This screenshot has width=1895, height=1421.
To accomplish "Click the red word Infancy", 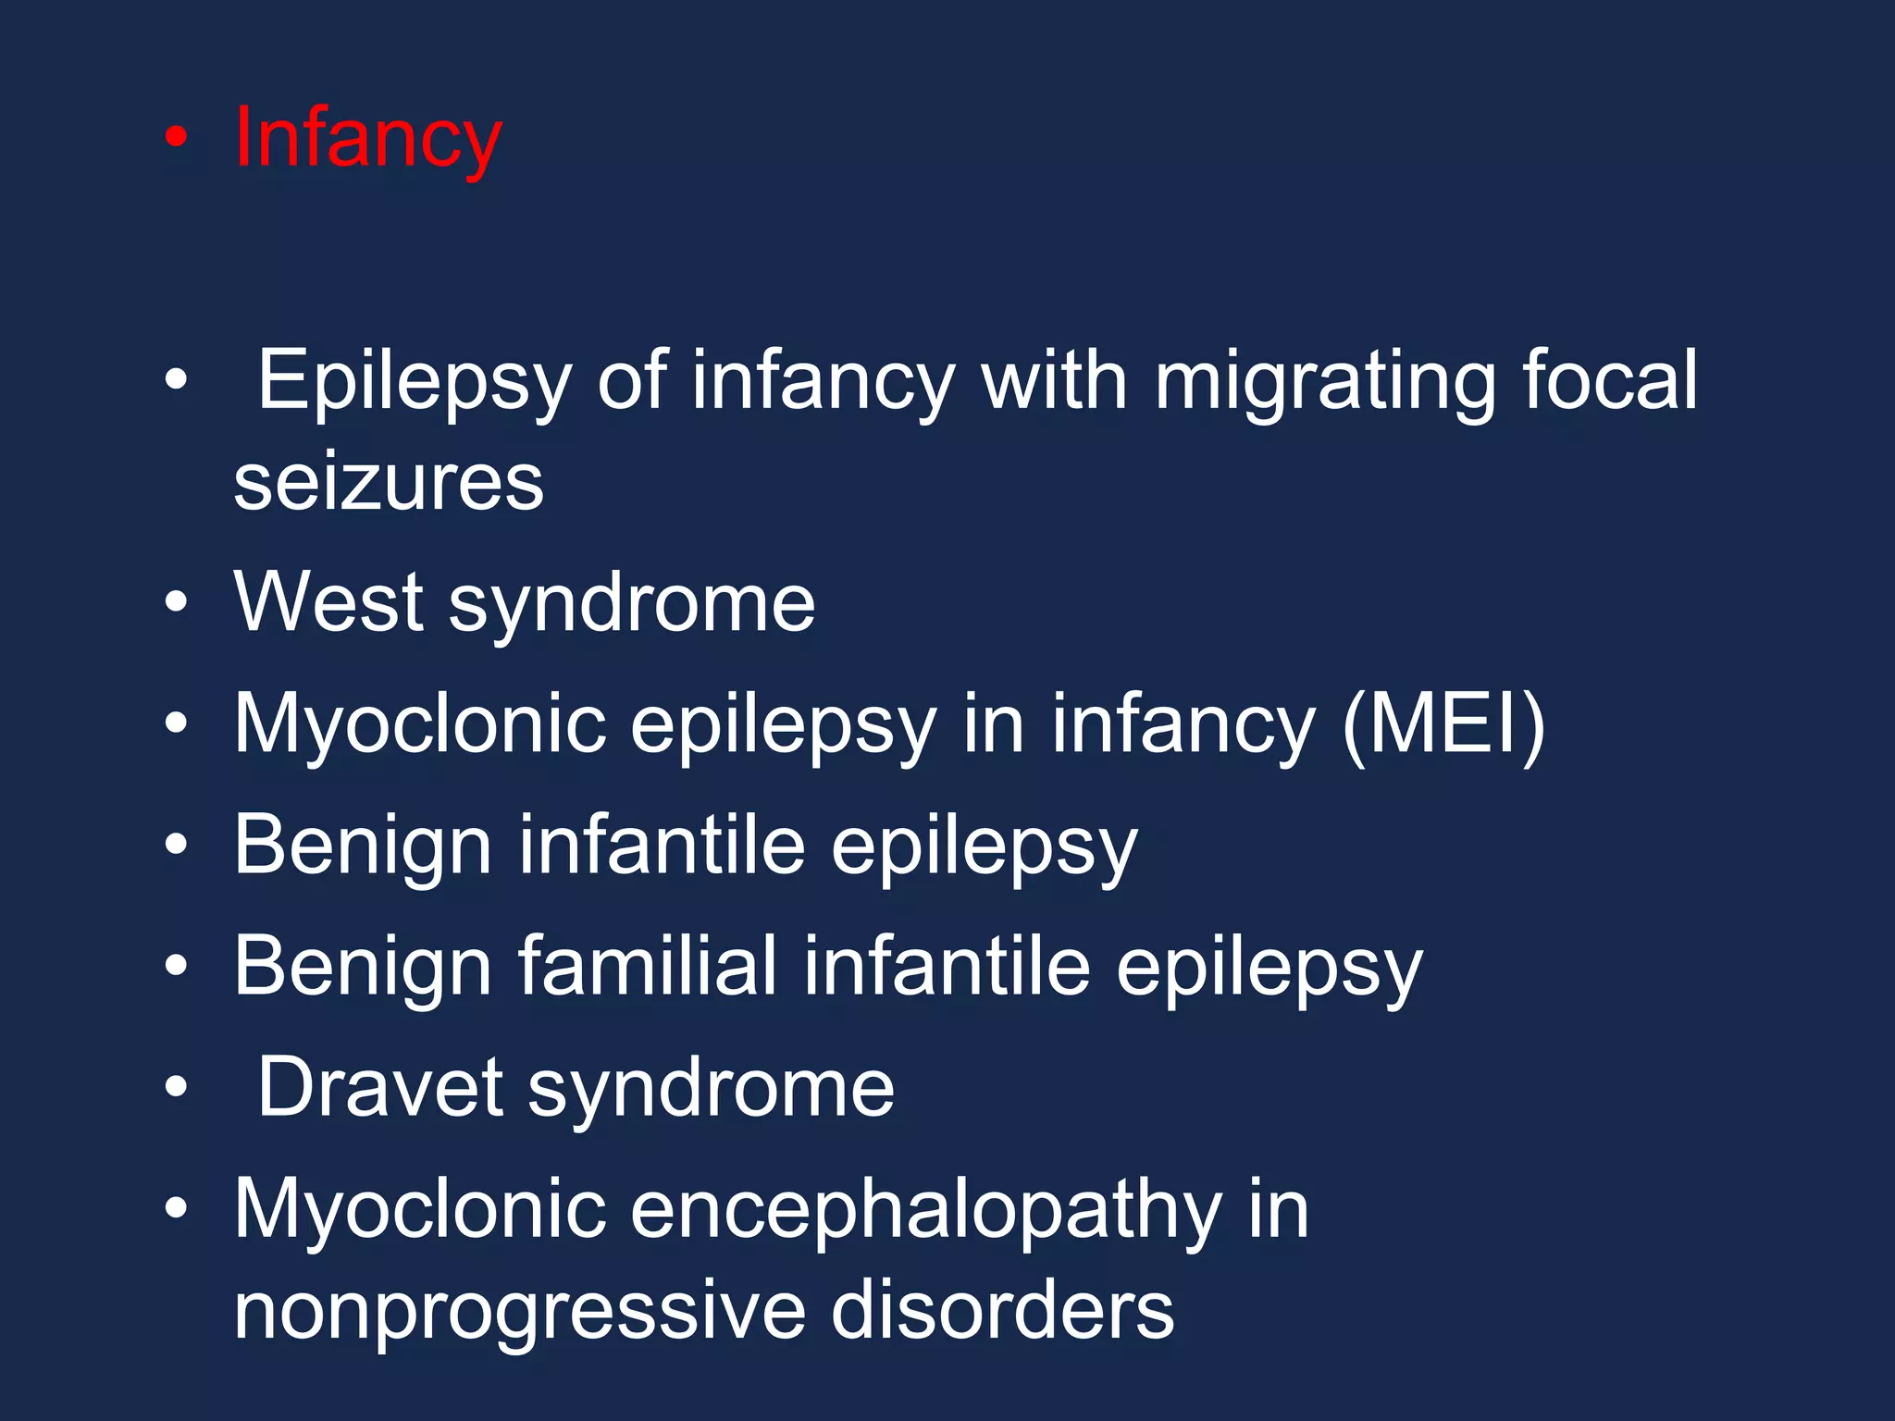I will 367,139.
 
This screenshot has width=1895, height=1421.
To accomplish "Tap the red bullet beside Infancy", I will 176,139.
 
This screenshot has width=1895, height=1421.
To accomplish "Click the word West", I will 328,603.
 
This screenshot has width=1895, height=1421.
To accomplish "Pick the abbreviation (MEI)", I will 1443,724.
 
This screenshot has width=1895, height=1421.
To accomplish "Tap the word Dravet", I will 379,1088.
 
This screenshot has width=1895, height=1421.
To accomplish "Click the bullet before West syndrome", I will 176,603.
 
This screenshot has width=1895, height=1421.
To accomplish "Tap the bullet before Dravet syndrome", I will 176,1088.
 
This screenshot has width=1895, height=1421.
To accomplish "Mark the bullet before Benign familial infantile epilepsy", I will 176,967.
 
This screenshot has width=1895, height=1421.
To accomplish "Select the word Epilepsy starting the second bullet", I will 414,381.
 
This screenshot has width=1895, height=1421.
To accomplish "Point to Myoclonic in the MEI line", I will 419,724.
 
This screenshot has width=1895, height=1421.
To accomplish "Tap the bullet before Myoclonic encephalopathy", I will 176,1208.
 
